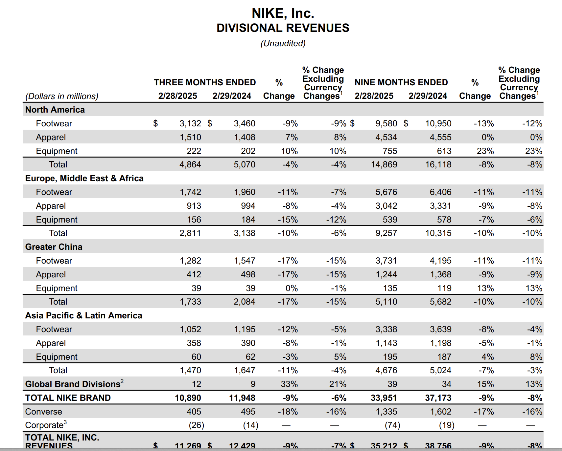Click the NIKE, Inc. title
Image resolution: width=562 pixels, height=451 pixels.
[283, 13]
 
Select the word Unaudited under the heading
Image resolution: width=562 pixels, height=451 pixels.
[283, 43]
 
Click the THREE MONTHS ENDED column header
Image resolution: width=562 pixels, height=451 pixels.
[205, 82]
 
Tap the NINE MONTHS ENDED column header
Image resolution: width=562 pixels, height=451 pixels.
[401, 82]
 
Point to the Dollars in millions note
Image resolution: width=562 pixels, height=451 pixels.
[62, 96]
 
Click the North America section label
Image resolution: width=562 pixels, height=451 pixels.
[55, 110]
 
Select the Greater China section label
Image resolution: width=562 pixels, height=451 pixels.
[54, 247]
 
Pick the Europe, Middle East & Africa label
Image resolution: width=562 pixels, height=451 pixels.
[84, 178]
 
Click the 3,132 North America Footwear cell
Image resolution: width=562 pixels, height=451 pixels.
[190, 123]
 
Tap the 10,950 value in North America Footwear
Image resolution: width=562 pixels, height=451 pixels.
[438, 123]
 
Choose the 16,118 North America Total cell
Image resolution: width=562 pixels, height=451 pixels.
[438, 164]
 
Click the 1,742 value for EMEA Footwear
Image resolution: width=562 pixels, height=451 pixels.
[190, 192]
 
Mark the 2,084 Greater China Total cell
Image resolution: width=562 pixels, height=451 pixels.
[244, 302]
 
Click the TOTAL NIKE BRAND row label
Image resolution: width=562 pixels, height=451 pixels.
[68, 398]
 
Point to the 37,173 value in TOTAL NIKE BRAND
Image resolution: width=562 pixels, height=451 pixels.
[438, 398]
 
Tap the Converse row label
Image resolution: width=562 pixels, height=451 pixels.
[43, 412]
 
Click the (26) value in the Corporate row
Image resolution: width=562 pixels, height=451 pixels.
[196, 425]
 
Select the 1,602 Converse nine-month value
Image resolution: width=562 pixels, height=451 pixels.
[441, 412]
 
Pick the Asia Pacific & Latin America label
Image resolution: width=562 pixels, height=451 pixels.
[83, 315]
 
